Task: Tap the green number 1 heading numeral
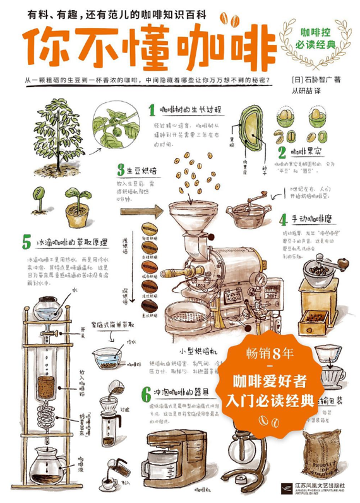pos(152,111)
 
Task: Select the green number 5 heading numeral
pos(26,242)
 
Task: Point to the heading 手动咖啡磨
pos(312,220)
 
